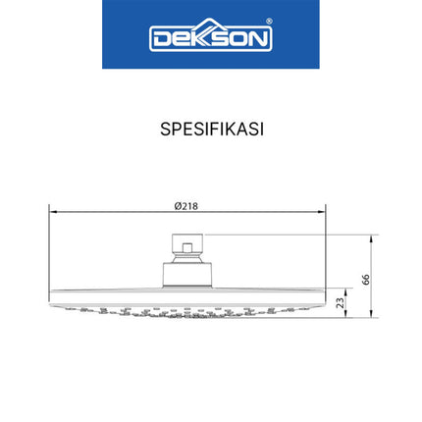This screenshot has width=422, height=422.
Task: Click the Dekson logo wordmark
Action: [210, 37]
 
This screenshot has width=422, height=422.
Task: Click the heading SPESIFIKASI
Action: [210, 129]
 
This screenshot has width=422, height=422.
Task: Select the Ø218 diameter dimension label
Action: [186, 206]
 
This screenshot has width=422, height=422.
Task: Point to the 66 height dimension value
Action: [366, 278]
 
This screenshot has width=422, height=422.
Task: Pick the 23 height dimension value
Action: [340, 304]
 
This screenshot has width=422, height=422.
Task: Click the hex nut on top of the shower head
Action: [183, 244]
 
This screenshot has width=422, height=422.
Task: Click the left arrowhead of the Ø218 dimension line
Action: [52, 211]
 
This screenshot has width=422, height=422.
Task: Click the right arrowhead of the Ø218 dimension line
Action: [322, 211]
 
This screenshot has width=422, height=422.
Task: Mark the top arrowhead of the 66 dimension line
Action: [373, 237]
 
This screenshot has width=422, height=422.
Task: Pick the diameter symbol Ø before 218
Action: [177, 206]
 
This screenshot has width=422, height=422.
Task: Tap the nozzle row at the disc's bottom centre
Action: [186, 314]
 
